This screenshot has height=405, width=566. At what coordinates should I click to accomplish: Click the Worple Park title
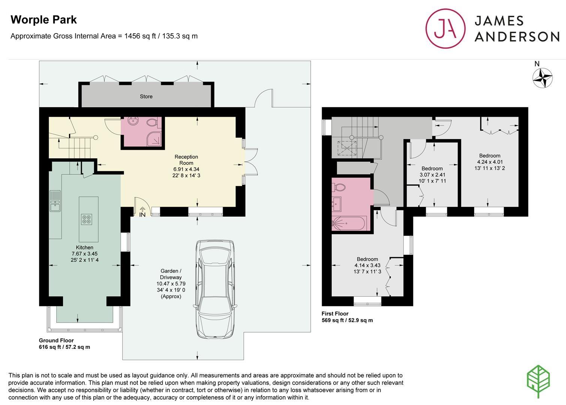[x=43, y=20]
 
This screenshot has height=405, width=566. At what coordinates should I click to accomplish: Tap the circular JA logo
[x=445, y=28]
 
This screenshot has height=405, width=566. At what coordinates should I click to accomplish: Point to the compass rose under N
[x=542, y=78]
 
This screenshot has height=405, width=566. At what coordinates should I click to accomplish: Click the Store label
[x=146, y=96]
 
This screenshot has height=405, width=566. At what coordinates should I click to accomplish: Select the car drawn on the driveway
[x=215, y=289]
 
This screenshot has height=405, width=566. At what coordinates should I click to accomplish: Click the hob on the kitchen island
[x=87, y=219]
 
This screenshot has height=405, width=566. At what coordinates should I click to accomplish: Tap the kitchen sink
[x=55, y=201]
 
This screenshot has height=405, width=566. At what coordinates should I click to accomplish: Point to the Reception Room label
[x=186, y=160]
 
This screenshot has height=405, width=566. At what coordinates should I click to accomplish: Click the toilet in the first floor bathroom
[x=339, y=187]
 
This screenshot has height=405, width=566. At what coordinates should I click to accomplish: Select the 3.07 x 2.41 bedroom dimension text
[x=432, y=175]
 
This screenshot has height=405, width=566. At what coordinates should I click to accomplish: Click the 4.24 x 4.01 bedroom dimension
[x=490, y=162]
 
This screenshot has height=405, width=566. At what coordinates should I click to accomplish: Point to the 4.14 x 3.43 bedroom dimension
[x=367, y=265]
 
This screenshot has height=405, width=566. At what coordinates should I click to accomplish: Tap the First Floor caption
[x=335, y=314]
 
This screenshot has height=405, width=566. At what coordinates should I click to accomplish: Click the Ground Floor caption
[x=56, y=340]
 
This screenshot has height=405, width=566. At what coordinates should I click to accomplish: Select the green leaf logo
[x=538, y=381]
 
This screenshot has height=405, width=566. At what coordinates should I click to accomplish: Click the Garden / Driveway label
[x=171, y=274]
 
